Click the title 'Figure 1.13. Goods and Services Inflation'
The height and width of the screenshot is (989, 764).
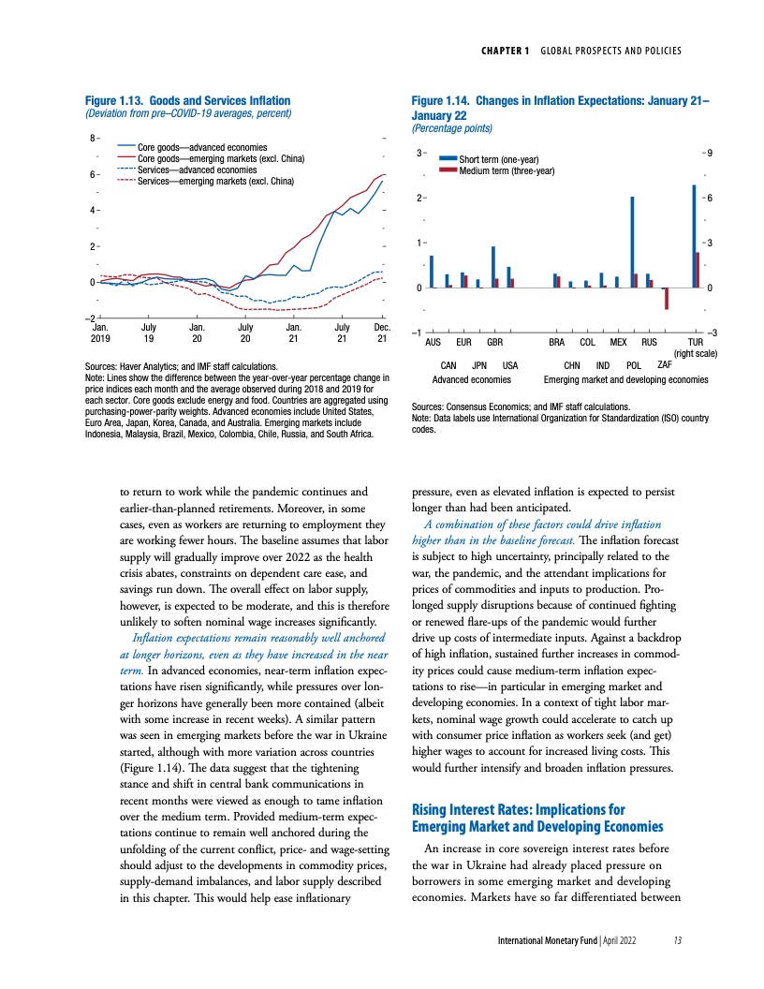(186, 101)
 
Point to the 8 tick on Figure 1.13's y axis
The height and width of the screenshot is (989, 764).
(92, 140)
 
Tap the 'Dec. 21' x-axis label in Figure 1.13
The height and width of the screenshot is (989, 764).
(381, 332)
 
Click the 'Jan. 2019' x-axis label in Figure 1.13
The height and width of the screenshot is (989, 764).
(100, 332)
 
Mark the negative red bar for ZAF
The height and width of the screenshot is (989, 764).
(666, 298)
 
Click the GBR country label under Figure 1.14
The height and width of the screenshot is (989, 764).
(495, 344)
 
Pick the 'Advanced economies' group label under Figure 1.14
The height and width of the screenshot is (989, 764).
(472, 379)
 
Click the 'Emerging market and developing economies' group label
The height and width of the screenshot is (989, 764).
(625, 379)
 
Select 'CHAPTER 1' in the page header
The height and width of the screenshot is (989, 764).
(508, 50)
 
